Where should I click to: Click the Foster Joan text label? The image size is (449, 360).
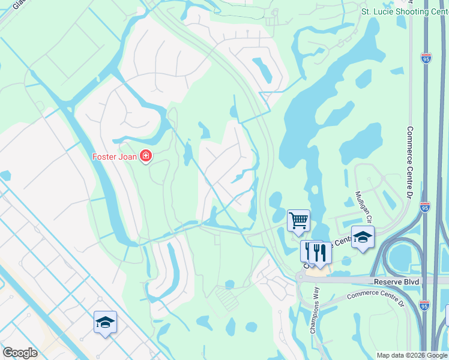(115, 157)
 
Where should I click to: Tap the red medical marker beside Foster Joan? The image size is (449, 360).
(145, 157)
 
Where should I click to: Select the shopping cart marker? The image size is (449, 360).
(298, 220)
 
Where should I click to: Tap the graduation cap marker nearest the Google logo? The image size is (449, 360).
(105, 322)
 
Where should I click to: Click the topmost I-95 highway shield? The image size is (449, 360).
(426, 58)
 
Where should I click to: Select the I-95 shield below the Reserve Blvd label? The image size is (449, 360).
(424, 305)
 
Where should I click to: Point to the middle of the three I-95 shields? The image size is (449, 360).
(425, 206)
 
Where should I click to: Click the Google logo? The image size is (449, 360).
(20, 353)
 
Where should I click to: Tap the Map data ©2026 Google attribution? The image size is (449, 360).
(412, 355)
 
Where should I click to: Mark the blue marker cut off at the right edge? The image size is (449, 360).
(447, 314)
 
